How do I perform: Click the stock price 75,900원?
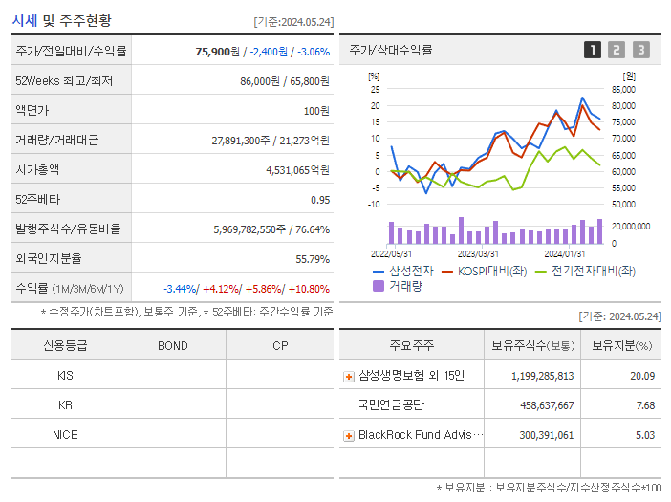point(214,51)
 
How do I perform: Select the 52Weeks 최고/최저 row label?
point(64,81)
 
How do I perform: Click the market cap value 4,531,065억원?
point(297,170)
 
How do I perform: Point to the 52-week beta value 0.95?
point(319,200)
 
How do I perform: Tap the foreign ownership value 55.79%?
point(312,259)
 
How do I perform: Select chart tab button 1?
point(593,50)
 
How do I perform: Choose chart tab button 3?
point(640,50)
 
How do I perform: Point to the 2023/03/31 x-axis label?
point(478,253)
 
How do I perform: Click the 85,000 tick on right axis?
point(622,90)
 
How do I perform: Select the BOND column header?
point(172,346)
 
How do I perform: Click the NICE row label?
point(65,435)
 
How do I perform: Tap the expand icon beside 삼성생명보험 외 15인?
point(349,377)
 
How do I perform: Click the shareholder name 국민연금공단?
point(392,405)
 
